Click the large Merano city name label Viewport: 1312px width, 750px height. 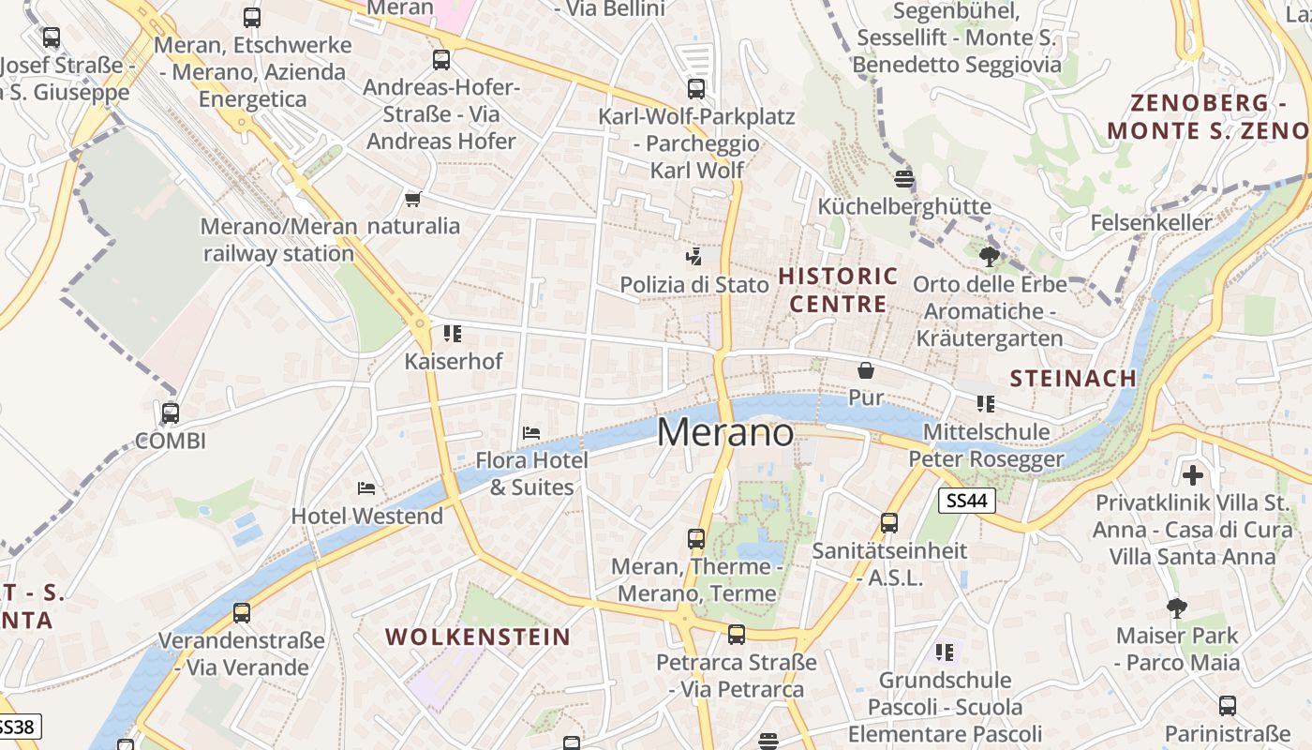point(725,432)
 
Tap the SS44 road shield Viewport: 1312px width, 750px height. point(966,501)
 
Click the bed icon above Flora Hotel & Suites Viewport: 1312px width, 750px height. point(531,432)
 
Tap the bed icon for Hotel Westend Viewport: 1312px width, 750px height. point(366,488)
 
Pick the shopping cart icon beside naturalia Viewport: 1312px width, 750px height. point(412,199)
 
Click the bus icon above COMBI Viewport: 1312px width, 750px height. point(170,412)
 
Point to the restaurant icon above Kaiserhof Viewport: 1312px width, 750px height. point(453,334)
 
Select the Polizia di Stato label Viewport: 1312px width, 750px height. point(694,284)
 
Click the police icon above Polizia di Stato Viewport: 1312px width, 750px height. point(693,256)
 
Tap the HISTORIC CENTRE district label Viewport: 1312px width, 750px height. point(838,290)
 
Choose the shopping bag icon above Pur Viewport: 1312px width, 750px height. point(865,370)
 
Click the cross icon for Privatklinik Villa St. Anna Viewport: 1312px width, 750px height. point(1192,474)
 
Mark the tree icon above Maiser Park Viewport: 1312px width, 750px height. point(1176,608)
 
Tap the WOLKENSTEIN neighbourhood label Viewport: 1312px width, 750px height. point(478,637)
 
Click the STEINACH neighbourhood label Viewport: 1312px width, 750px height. point(1073,379)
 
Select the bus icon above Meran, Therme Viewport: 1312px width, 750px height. point(695,539)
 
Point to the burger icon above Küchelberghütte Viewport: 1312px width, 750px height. point(904,178)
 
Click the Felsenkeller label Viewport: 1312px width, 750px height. point(1151,223)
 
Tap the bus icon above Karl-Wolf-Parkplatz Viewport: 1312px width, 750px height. point(695,89)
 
